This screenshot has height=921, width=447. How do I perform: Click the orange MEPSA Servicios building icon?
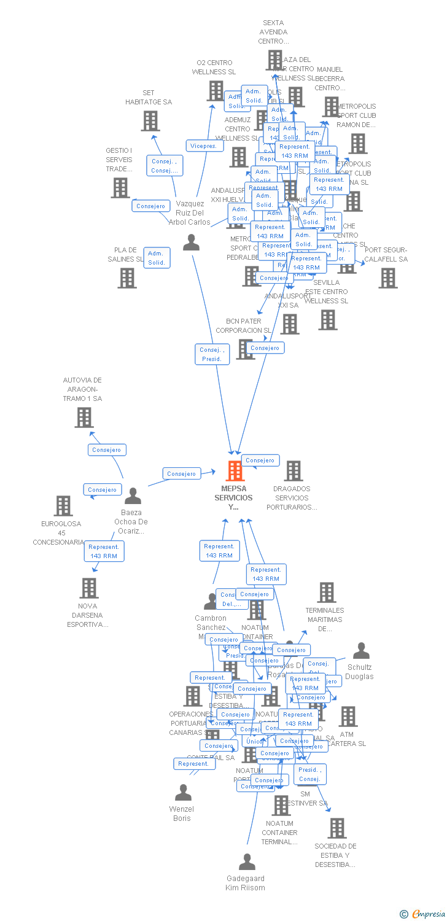click(x=235, y=471)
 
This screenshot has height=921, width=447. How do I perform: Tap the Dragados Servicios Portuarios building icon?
click(x=293, y=471)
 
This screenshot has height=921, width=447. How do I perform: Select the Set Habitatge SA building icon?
click(x=150, y=121)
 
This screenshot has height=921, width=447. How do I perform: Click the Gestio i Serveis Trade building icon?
click(x=120, y=188)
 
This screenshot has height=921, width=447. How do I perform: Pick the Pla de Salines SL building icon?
click(x=127, y=278)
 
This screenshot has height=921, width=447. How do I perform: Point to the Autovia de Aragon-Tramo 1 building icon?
click(x=84, y=418)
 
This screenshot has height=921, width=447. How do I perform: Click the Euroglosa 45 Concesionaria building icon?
click(x=63, y=506)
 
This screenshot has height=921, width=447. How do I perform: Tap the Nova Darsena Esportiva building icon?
click(x=89, y=588)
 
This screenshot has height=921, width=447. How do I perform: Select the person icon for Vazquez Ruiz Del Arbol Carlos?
click(x=191, y=243)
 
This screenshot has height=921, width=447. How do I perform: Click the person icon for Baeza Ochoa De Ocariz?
click(x=133, y=495)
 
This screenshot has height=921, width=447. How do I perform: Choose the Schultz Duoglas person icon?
click(x=361, y=651)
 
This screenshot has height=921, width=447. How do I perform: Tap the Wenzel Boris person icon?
click(x=183, y=793)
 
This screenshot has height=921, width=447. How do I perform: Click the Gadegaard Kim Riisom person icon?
click(x=247, y=862)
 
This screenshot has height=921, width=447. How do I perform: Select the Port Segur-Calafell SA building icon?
click(x=387, y=278)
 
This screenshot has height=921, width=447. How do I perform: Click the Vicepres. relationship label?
click(x=203, y=146)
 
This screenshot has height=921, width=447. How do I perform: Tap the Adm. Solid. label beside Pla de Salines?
click(x=156, y=258)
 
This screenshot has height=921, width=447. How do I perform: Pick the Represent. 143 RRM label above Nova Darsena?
click(x=104, y=551)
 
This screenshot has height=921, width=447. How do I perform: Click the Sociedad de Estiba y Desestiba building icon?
click(x=336, y=828)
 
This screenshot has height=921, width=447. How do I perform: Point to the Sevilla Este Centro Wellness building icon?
click(x=328, y=320)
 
